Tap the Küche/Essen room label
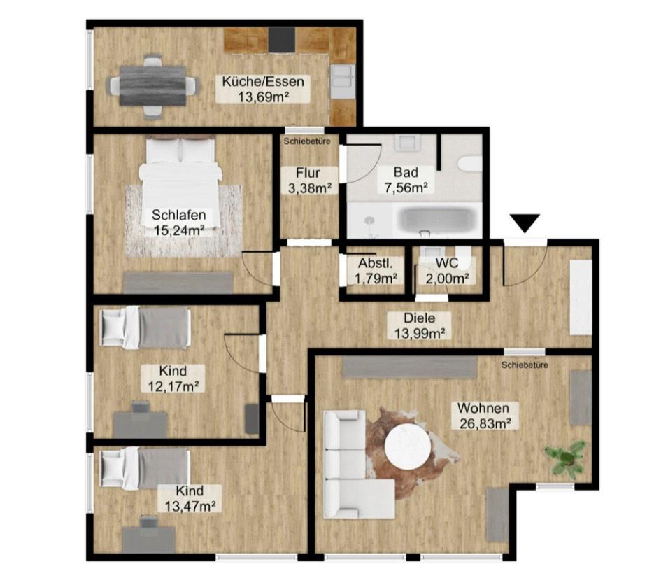264,89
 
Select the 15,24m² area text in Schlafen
178,228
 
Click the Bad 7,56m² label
405,180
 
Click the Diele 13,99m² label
420,325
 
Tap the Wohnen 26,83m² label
483,415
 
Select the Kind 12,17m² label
172,378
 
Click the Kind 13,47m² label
185,498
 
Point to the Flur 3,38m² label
308,180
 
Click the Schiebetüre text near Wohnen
524,365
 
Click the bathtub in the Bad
437,220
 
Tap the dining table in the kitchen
152,85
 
